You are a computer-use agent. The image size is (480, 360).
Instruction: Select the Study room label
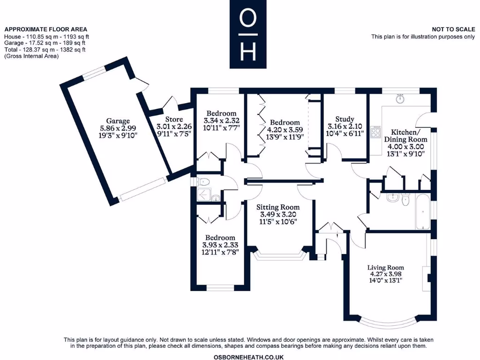pos(345,119)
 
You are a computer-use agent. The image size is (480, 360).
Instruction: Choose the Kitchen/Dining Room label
pos(405,135)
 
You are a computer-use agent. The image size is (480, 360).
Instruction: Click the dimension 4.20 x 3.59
pos(285,130)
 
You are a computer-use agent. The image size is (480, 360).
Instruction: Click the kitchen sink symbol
pos(400,99)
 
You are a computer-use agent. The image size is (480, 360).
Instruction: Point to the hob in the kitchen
pos(376,132)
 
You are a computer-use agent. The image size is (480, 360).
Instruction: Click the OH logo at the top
pos(248,35)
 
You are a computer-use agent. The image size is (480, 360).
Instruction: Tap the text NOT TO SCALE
pos(453,30)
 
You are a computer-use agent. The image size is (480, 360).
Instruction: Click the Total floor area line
pos(45,50)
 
